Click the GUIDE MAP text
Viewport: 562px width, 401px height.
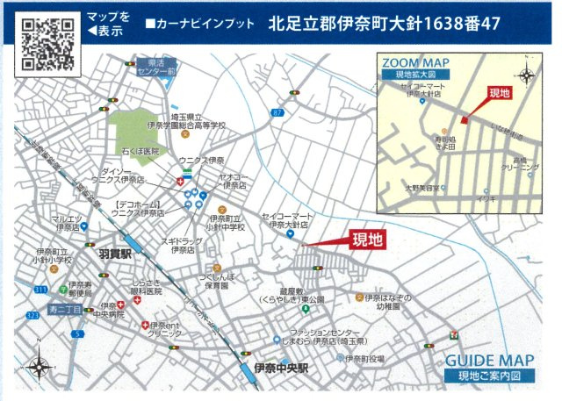point(489,361)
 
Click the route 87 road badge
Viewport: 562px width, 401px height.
point(277,112)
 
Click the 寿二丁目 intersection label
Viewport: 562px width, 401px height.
point(65,309)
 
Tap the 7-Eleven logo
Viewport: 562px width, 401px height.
point(453,334)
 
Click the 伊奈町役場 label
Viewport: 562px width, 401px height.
point(364,358)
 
